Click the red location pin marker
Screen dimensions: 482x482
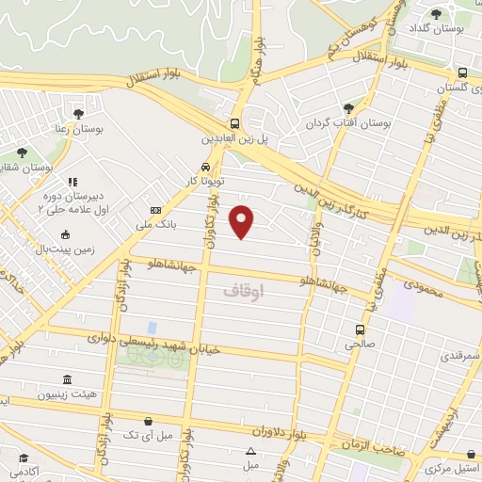coord(243,221)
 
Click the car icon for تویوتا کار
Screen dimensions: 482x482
coord(192,165)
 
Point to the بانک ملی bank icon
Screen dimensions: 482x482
coord(155,211)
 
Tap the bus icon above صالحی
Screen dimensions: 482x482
coord(360,329)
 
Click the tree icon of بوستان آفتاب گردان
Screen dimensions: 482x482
coord(349,108)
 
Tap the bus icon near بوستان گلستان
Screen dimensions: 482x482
coord(461,72)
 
